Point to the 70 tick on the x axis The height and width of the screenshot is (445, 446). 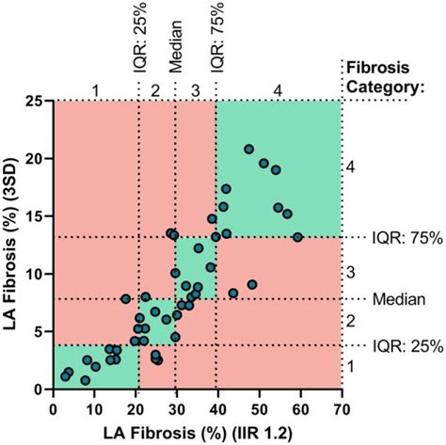342,406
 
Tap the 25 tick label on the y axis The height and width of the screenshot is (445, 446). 36,101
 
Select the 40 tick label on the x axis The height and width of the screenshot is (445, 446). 218,406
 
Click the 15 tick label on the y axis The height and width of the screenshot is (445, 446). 36,216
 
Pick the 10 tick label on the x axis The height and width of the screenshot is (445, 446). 95,406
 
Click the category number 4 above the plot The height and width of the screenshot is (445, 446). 278,89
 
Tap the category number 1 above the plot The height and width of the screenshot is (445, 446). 95,89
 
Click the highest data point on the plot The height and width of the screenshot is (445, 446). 248,149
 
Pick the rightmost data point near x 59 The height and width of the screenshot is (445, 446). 297,237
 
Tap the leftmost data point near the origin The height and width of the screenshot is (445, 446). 65,376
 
